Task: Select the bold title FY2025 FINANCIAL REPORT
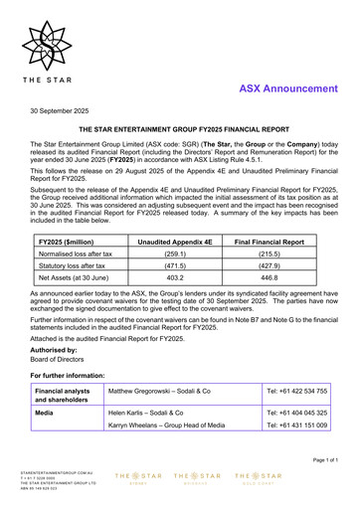pyautogui.click(x=179, y=130)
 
